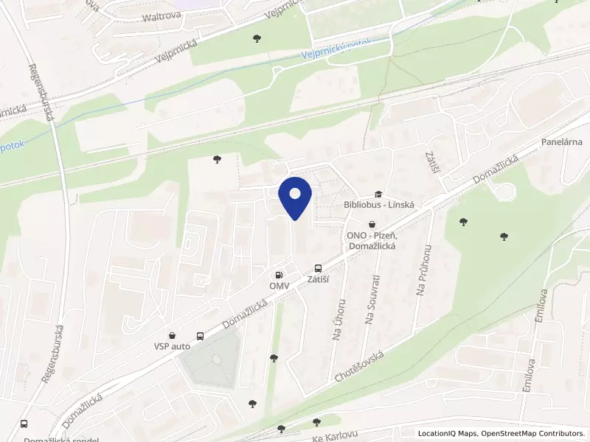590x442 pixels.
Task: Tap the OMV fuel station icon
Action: [279, 274]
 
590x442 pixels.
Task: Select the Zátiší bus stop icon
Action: [318, 270]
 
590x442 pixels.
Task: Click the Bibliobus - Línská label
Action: [379, 205]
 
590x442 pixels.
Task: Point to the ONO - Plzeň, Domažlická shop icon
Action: [372, 224]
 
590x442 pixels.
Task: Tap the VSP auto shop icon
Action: [172, 335]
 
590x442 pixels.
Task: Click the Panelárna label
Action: [562, 141]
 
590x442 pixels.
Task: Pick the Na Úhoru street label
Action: [338, 319]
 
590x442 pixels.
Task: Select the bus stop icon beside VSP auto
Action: [200, 335]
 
